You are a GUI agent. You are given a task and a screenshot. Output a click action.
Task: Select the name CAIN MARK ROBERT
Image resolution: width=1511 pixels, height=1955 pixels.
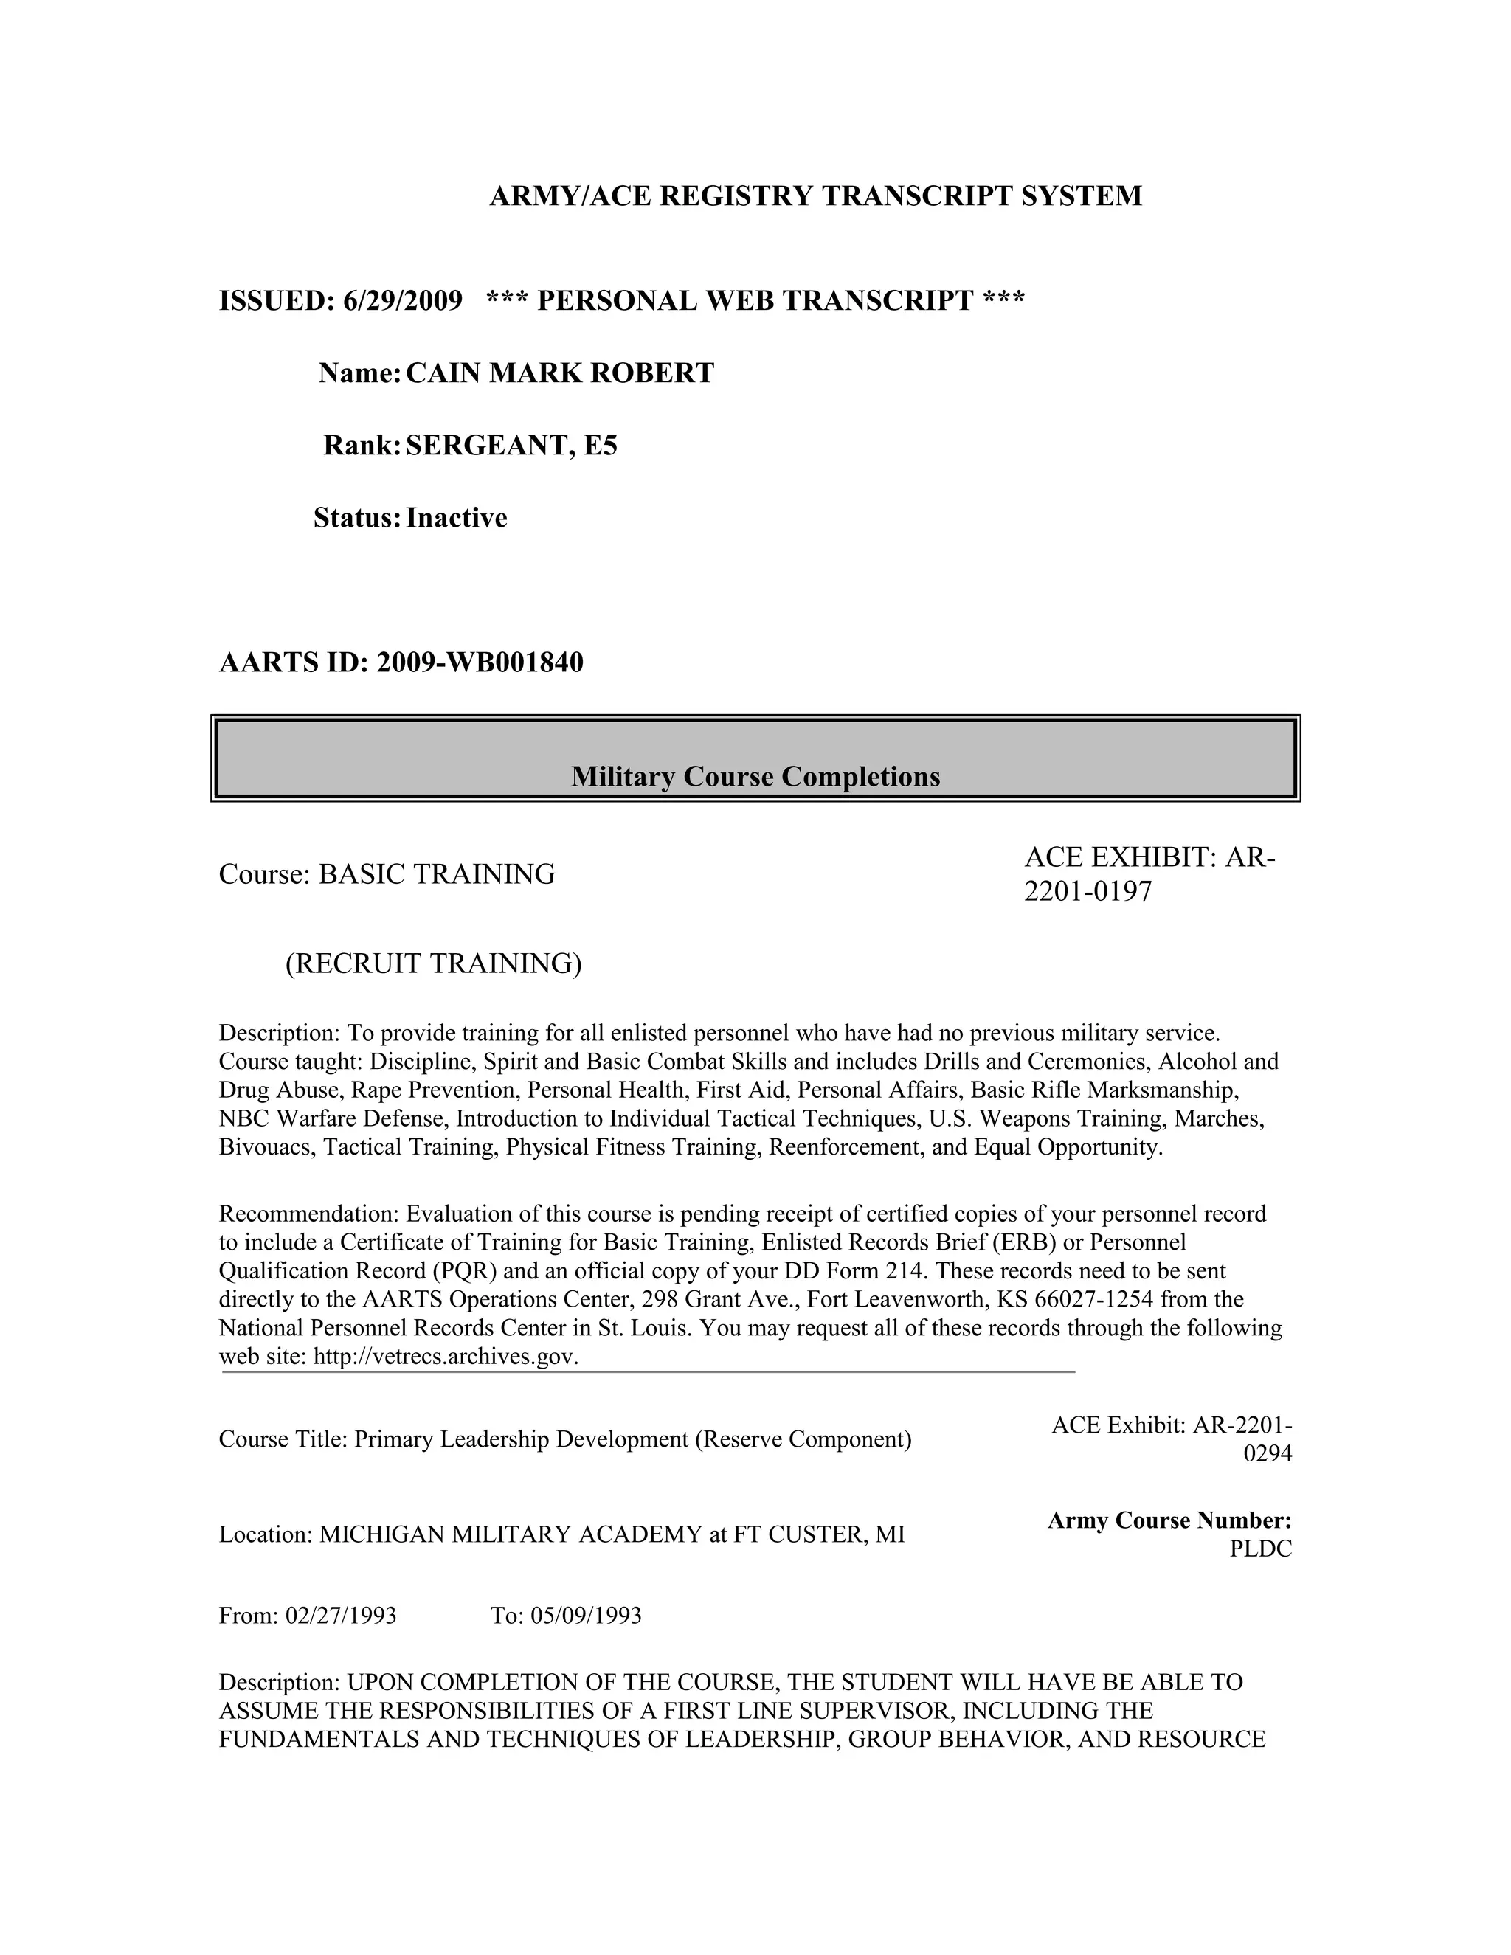click(559, 373)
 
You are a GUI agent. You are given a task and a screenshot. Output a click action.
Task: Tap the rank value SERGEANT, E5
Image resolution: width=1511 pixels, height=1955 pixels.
click(511, 446)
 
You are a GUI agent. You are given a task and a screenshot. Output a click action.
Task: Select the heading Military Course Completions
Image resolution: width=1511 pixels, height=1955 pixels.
click(755, 776)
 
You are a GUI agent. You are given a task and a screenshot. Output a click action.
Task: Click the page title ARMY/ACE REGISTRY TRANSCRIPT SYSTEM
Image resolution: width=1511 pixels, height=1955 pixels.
click(815, 196)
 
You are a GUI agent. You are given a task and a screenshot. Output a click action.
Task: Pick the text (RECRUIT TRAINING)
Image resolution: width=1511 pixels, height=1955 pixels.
click(433, 963)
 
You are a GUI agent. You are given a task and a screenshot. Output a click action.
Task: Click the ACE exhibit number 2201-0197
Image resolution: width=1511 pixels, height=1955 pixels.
click(1088, 892)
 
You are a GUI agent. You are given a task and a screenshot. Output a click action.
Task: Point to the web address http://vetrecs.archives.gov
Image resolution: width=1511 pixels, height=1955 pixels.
click(445, 1356)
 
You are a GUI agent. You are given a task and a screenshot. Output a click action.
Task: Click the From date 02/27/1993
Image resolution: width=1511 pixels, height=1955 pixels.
click(340, 1616)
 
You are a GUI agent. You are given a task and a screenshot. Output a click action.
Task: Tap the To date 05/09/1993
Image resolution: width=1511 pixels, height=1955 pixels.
click(585, 1616)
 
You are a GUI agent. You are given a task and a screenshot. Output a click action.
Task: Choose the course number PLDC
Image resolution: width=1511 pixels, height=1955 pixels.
click(1260, 1549)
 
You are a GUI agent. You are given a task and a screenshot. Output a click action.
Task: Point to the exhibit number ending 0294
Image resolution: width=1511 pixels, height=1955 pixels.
click(1268, 1454)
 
